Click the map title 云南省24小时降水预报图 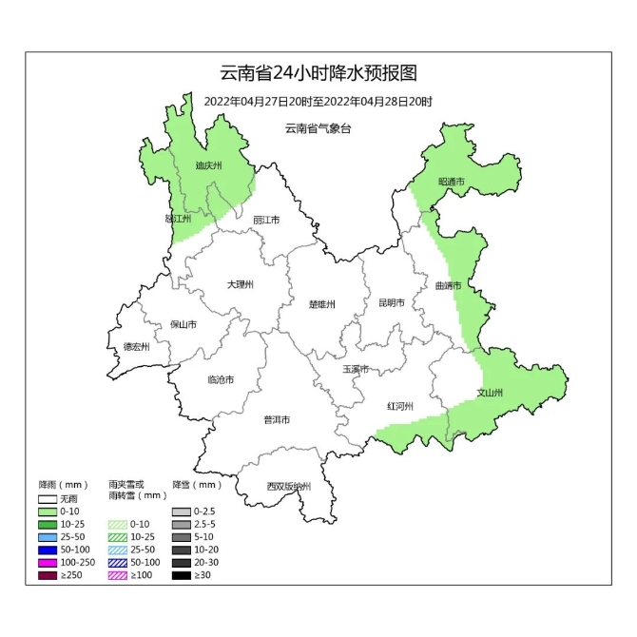pyautogui.click(x=318, y=73)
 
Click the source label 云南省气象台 pyautogui.click(x=318, y=128)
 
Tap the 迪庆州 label pyautogui.click(x=207, y=165)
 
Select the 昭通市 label pyautogui.click(x=451, y=182)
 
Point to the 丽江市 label pyautogui.click(x=266, y=220)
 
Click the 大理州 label pyautogui.click(x=240, y=284)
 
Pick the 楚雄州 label pyautogui.click(x=322, y=304)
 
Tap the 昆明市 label pyautogui.click(x=391, y=303)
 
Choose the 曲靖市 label pyautogui.click(x=447, y=285)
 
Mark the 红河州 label pyautogui.click(x=399, y=406)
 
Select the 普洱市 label pyautogui.click(x=277, y=419)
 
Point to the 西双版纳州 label pyautogui.click(x=288, y=487)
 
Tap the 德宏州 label pyautogui.click(x=137, y=347)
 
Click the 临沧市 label pyautogui.click(x=220, y=379)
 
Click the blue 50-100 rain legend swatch pyautogui.click(x=48, y=550)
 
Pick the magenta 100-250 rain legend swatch pyautogui.click(x=48, y=563)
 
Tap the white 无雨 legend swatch pyautogui.click(x=48, y=498)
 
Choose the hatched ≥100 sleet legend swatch pyautogui.click(x=119, y=575)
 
